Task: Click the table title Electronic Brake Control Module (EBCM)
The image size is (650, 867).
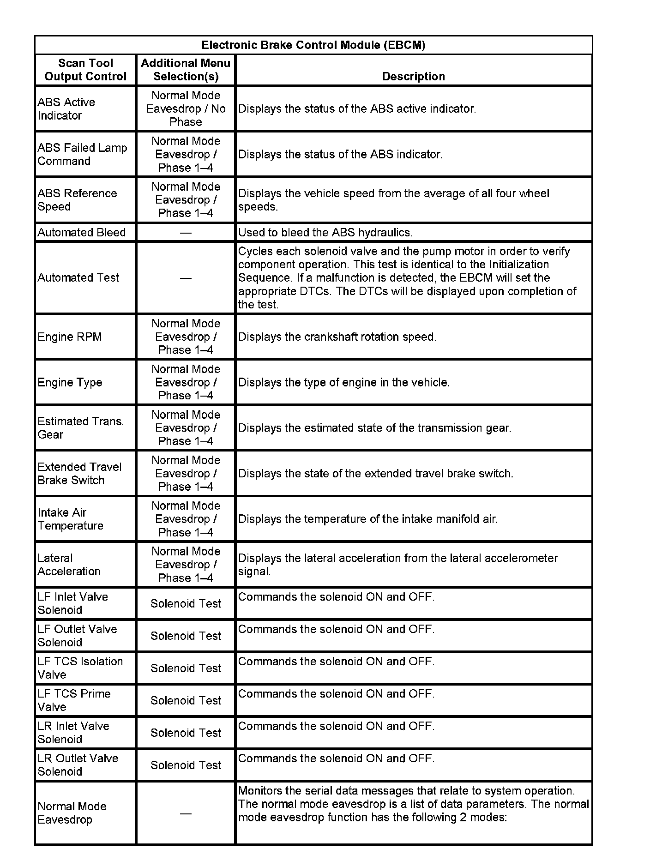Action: [313, 45]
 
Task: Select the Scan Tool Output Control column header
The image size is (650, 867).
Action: [85, 70]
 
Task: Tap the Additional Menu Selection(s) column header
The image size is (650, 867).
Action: [186, 70]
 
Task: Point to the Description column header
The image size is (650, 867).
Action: [414, 76]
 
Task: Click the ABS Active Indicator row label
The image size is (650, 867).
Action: [66, 108]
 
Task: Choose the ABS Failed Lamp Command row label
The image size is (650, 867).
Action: [82, 154]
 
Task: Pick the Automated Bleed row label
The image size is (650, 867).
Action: [82, 232]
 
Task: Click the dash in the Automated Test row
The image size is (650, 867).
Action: [186, 278]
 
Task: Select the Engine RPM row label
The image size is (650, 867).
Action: [70, 337]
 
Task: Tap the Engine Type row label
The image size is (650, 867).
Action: [70, 382]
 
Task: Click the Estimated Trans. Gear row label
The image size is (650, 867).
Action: [81, 427]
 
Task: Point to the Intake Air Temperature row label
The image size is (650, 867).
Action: [70, 519]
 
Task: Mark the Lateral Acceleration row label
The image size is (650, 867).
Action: [69, 565]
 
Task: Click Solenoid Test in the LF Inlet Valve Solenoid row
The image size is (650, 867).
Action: [186, 603]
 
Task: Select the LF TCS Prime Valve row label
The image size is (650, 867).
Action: [74, 700]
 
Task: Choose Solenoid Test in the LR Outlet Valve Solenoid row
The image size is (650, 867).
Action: [186, 765]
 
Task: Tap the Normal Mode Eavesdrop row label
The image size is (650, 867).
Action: [72, 813]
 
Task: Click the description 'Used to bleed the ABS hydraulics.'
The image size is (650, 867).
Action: [325, 232]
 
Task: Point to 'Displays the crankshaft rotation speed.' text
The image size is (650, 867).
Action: [337, 337]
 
